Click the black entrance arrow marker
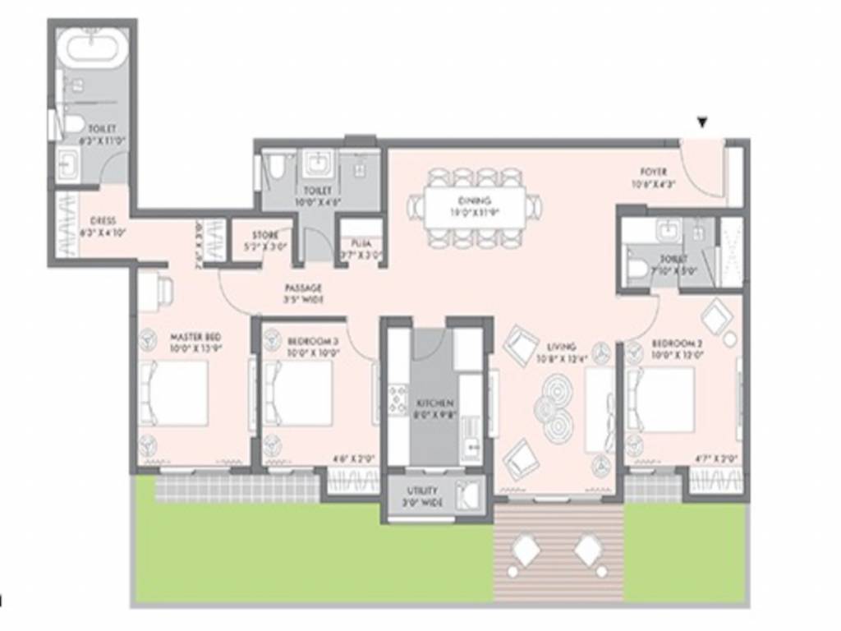pos(702,123)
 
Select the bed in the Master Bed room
pos(174,394)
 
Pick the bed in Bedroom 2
pos(660,399)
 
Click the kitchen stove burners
pos(398,398)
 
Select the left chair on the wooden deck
pos(526,551)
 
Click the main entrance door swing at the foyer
pos(703,174)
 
